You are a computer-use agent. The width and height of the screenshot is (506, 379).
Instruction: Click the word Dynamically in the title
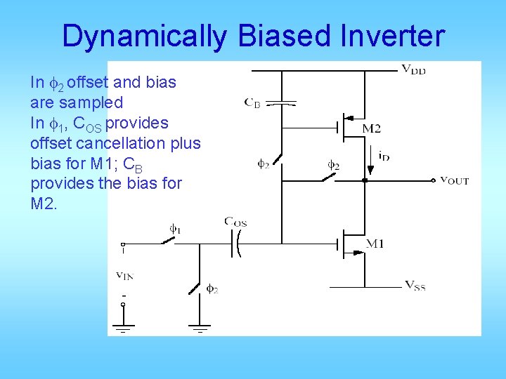coord(144,36)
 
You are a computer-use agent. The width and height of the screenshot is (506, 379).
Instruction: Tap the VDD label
coord(414,69)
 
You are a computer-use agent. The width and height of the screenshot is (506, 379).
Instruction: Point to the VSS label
coord(415,286)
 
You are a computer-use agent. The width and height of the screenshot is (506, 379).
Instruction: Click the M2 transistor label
coord(372,128)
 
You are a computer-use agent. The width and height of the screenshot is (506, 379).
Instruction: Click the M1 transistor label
coord(374,244)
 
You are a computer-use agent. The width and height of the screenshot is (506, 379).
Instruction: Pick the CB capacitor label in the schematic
coord(252,103)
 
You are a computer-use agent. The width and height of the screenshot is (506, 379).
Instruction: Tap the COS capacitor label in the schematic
coord(235,222)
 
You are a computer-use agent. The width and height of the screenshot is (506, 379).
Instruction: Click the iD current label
coord(384,157)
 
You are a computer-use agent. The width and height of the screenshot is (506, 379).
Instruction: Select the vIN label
coord(125,274)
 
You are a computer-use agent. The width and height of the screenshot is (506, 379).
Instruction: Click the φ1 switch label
coord(175,228)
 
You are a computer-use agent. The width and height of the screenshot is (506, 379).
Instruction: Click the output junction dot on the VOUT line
coord(365,180)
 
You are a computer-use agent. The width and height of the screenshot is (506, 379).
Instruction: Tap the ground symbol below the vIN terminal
coord(124,327)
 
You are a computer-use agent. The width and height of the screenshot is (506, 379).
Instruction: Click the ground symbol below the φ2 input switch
coord(200,327)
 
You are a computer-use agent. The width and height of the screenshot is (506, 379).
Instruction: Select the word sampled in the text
coord(92,102)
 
